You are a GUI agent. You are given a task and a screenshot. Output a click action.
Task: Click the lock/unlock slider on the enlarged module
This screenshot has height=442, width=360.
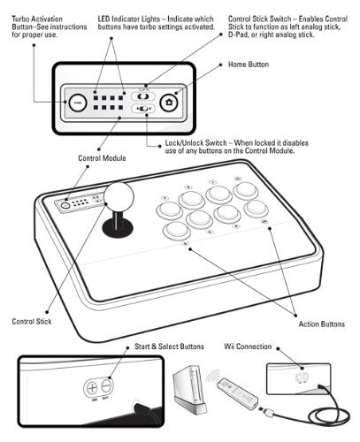click(x=143, y=110)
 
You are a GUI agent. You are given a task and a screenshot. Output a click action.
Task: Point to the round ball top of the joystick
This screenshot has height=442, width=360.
click(x=118, y=196)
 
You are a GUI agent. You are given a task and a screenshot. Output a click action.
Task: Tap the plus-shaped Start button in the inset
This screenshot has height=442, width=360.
click(x=91, y=386)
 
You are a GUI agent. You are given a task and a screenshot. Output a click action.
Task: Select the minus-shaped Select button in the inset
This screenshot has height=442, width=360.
click(x=105, y=386)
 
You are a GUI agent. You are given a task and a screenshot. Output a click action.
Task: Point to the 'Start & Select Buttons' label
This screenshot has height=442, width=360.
click(x=169, y=347)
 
